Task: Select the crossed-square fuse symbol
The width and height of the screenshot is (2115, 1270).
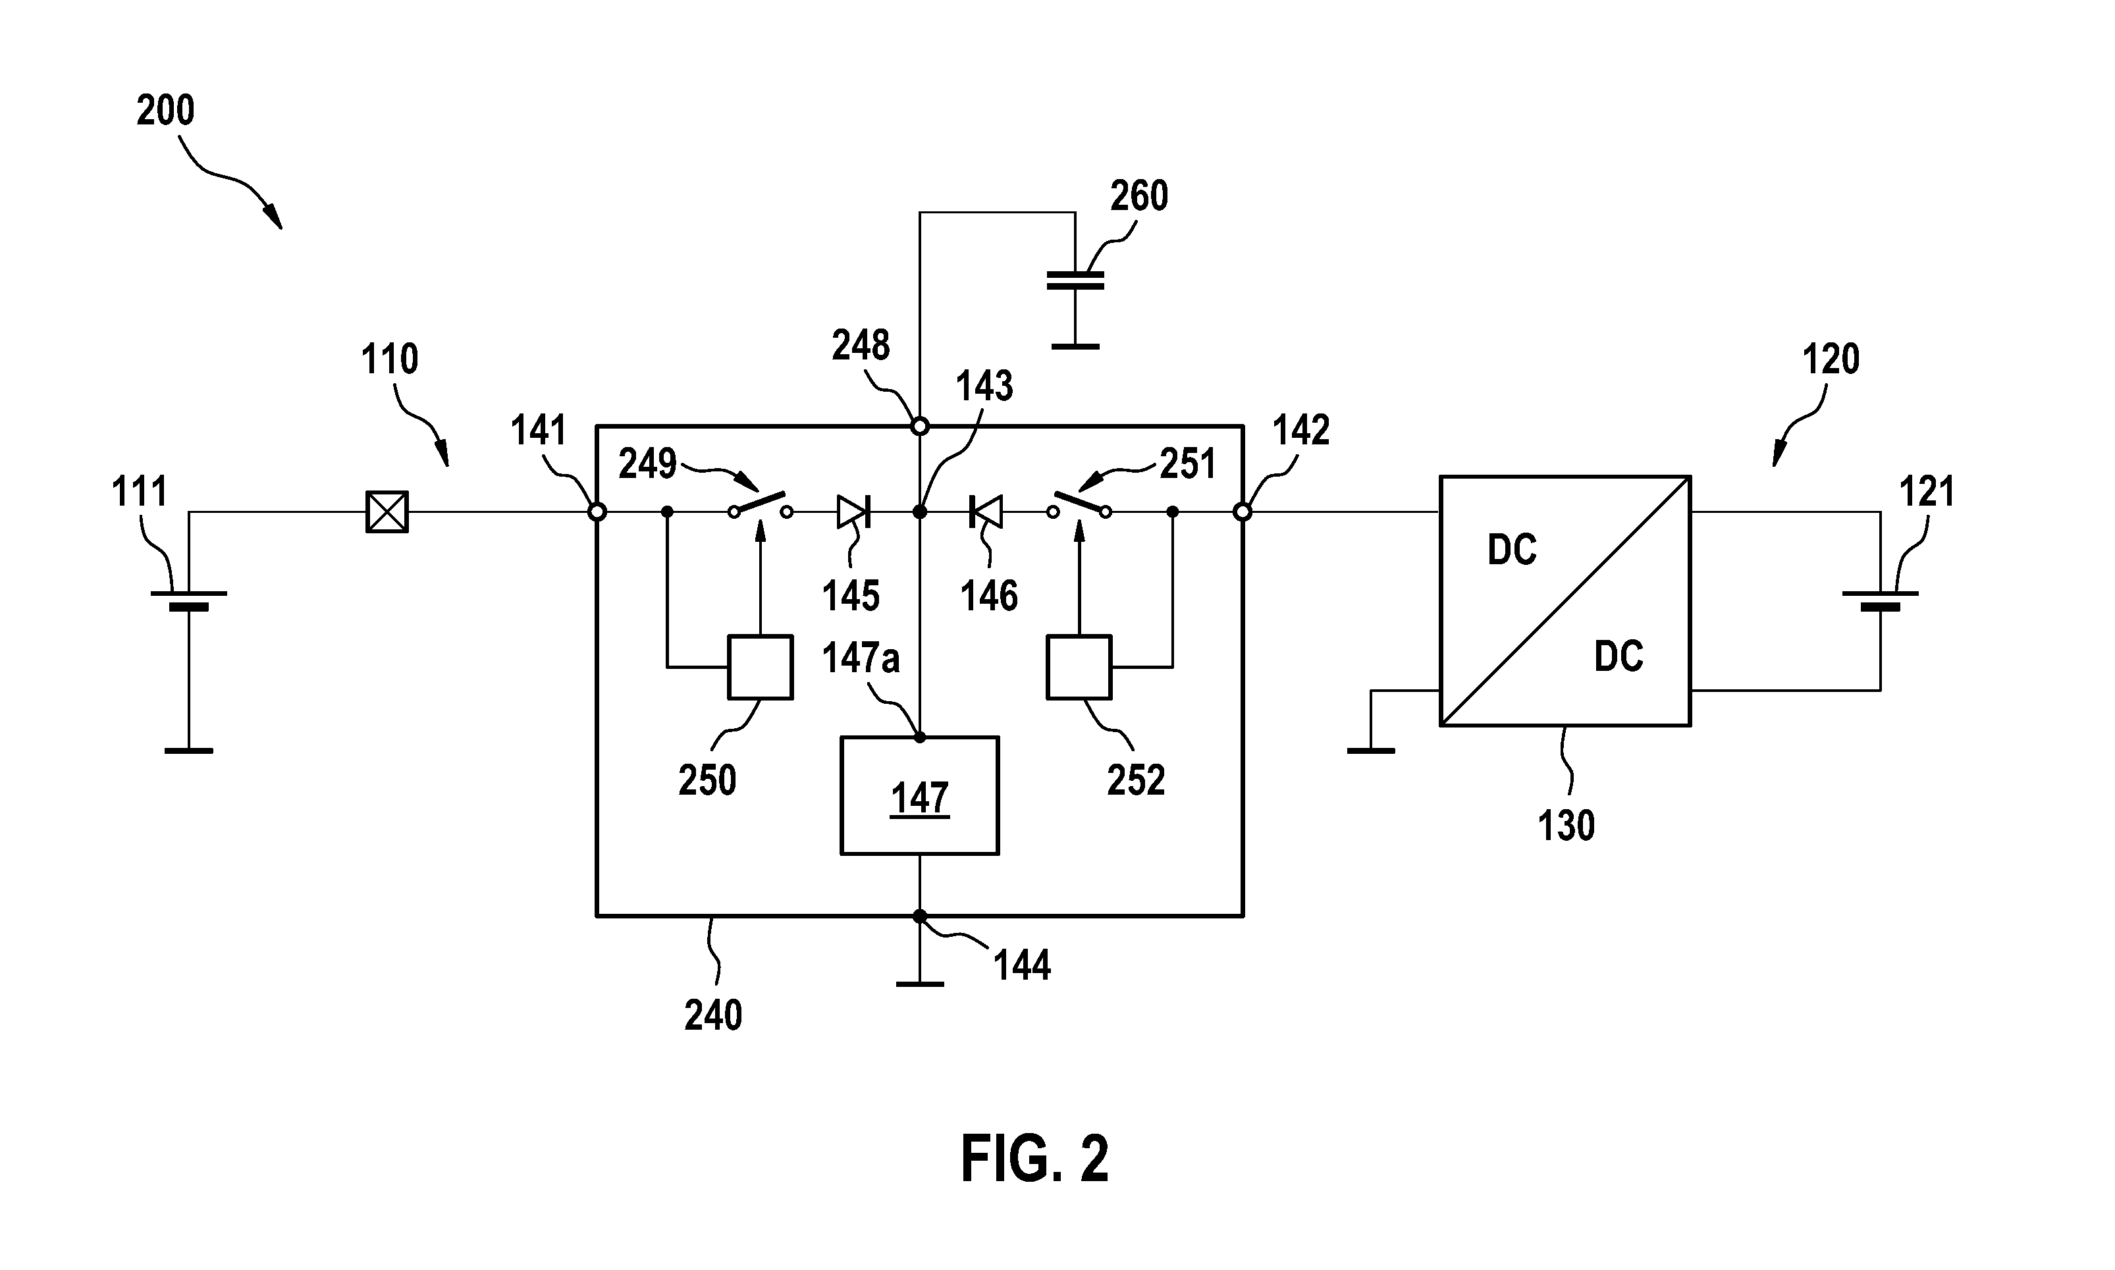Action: coord(387,512)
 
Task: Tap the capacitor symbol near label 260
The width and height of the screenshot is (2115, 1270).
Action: coord(1075,280)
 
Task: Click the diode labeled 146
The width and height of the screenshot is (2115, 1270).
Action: coord(985,512)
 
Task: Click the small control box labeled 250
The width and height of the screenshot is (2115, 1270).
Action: coord(760,667)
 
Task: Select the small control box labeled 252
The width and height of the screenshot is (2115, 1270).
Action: coord(1079,667)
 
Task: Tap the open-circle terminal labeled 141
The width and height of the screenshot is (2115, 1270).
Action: coord(597,512)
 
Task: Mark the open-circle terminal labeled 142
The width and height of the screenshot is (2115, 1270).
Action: coord(1242,512)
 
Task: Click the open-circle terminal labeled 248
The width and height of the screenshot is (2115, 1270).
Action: coord(919,425)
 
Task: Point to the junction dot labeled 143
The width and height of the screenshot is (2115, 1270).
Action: coord(919,512)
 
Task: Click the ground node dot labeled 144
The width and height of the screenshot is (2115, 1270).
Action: coord(919,916)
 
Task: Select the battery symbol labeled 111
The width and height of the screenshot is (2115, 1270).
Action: coord(188,600)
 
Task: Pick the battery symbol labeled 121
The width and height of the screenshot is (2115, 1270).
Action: coord(1880,600)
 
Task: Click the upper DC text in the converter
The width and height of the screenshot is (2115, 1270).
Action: coord(1512,550)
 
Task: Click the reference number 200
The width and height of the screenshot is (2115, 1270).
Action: coord(165,111)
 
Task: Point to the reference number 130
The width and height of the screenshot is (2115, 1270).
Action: coord(1566,826)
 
